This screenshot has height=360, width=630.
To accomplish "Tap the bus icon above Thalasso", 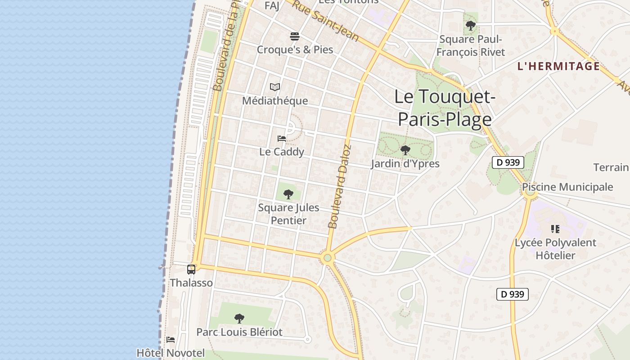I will [191, 270].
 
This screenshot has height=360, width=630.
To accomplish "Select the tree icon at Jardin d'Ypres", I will [405, 150].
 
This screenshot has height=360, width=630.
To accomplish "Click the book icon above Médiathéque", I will [275, 87].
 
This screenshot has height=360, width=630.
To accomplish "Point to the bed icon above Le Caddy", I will [282, 138].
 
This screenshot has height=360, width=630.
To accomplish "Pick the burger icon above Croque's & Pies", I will [295, 36].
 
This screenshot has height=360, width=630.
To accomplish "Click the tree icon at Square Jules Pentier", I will [288, 194].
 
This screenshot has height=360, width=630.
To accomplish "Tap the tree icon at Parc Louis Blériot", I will [239, 319].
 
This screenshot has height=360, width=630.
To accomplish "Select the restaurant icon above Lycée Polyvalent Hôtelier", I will [555, 229].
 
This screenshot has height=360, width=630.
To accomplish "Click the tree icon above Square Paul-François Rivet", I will [471, 26].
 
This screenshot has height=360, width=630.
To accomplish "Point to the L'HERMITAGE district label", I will [558, 67].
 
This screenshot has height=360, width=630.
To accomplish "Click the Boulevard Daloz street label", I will [339, 186].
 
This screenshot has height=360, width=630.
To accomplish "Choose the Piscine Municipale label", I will [567, 187].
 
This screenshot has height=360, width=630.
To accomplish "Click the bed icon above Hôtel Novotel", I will [170, 340].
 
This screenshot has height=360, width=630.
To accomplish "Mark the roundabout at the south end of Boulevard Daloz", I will [327, 258].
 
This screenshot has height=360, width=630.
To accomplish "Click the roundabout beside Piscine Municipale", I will [530, 193].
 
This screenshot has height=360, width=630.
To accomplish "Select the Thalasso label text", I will [191, 283].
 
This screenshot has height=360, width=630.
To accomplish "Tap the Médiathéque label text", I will [275, 101].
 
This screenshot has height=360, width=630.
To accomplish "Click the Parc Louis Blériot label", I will [239, 332].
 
